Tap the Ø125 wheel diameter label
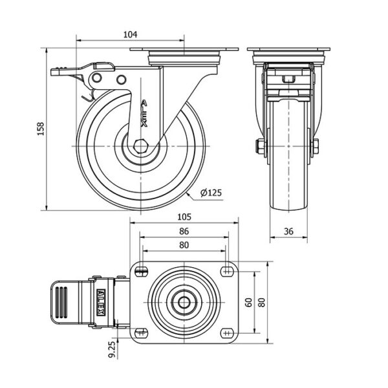click(210, 193)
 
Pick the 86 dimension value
click(184, 230)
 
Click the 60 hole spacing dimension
click(248, 301)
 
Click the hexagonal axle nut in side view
click(140, 147)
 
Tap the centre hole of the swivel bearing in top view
click(184, 301)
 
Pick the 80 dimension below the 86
click(184, 244)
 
